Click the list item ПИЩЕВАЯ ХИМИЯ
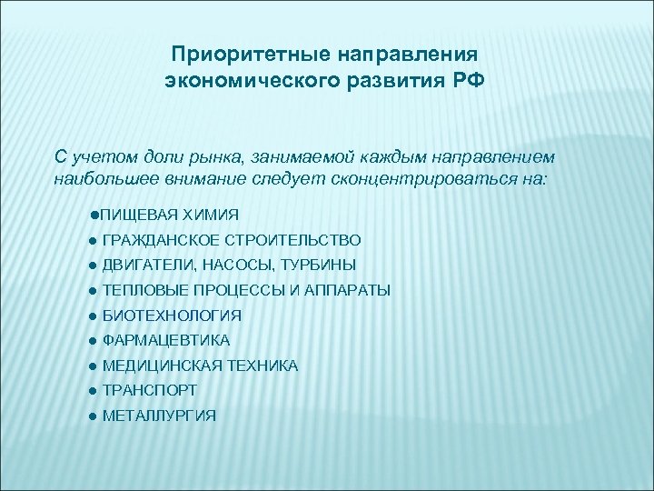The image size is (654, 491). click(169, 215)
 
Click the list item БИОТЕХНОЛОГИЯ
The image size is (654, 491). click(172, 316)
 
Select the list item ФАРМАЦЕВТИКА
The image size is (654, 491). click(166, 340)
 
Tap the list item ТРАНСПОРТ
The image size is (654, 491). click(150, 390)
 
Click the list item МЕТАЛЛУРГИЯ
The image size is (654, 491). click(159, 416)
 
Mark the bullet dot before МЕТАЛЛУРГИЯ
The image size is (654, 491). click(94, 416)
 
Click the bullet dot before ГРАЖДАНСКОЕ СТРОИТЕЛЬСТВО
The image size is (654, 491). click(94, 240)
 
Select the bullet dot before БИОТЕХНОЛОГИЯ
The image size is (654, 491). click(94, 316)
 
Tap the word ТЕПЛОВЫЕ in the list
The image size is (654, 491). click(144, 290)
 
